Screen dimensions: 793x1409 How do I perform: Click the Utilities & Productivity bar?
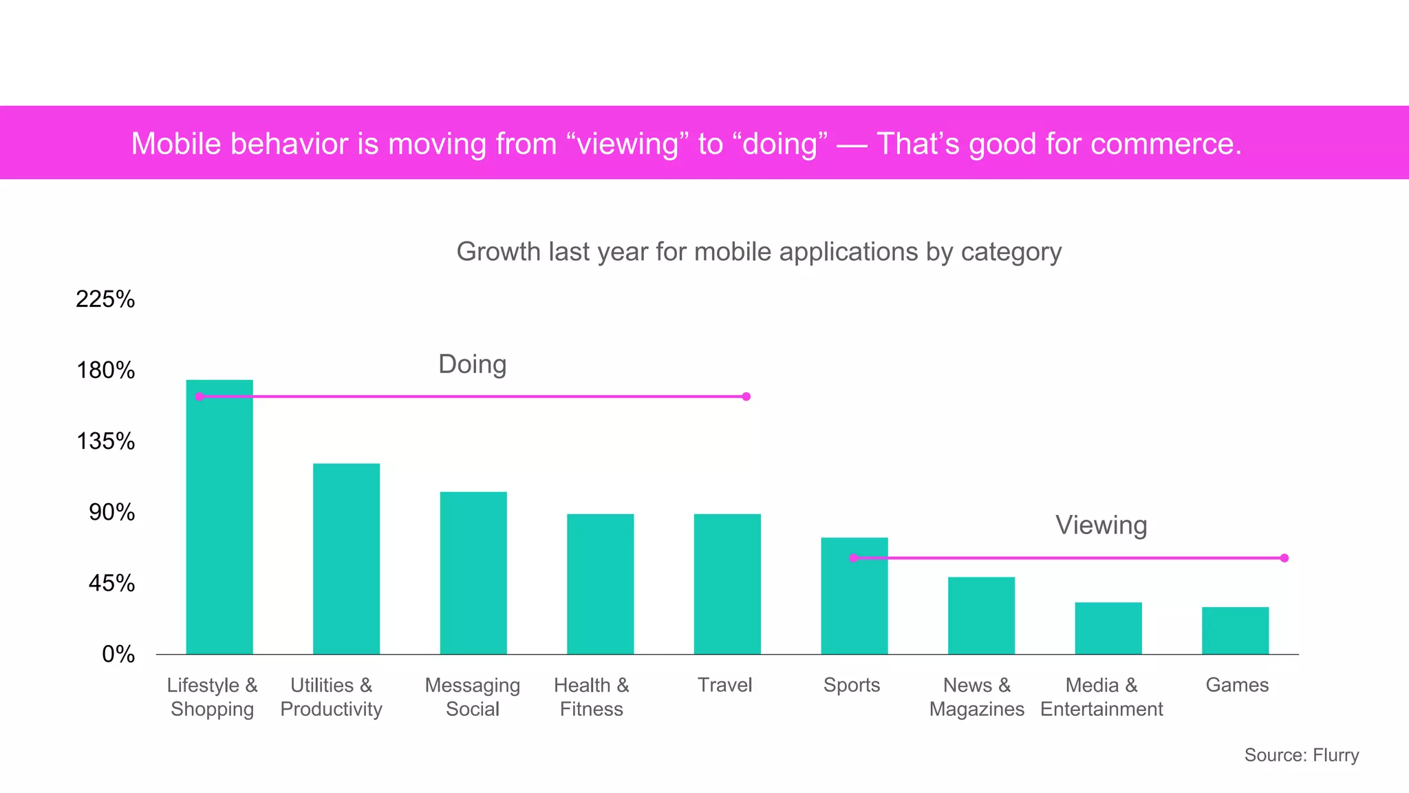(346, 558)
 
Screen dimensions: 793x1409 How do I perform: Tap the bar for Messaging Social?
(473, 573)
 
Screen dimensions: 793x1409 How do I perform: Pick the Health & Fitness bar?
(600, 584)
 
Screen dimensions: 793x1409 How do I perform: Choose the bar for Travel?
(727, 584)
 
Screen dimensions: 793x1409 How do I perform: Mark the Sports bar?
(854, 595)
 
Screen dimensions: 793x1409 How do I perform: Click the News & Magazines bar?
(981, 615)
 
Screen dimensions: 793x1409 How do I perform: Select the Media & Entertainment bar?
(1108, 628)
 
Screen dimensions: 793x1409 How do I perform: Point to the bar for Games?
(1235, 631)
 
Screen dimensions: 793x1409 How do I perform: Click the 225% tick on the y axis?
(105, 299)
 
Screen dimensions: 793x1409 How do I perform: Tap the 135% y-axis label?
(105, 441)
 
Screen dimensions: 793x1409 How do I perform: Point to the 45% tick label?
(111, 583)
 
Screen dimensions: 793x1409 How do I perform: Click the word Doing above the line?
(472, 364)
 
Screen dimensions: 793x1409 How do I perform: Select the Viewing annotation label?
(1101, 525)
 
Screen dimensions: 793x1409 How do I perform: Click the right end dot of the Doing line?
(746, 396)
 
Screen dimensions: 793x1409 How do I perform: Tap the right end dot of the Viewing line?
(1284, 558)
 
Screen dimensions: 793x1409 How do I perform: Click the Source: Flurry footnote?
(1301, 755)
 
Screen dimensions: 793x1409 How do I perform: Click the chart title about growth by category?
(759, 252)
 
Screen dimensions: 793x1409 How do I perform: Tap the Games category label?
(1236, 685)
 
